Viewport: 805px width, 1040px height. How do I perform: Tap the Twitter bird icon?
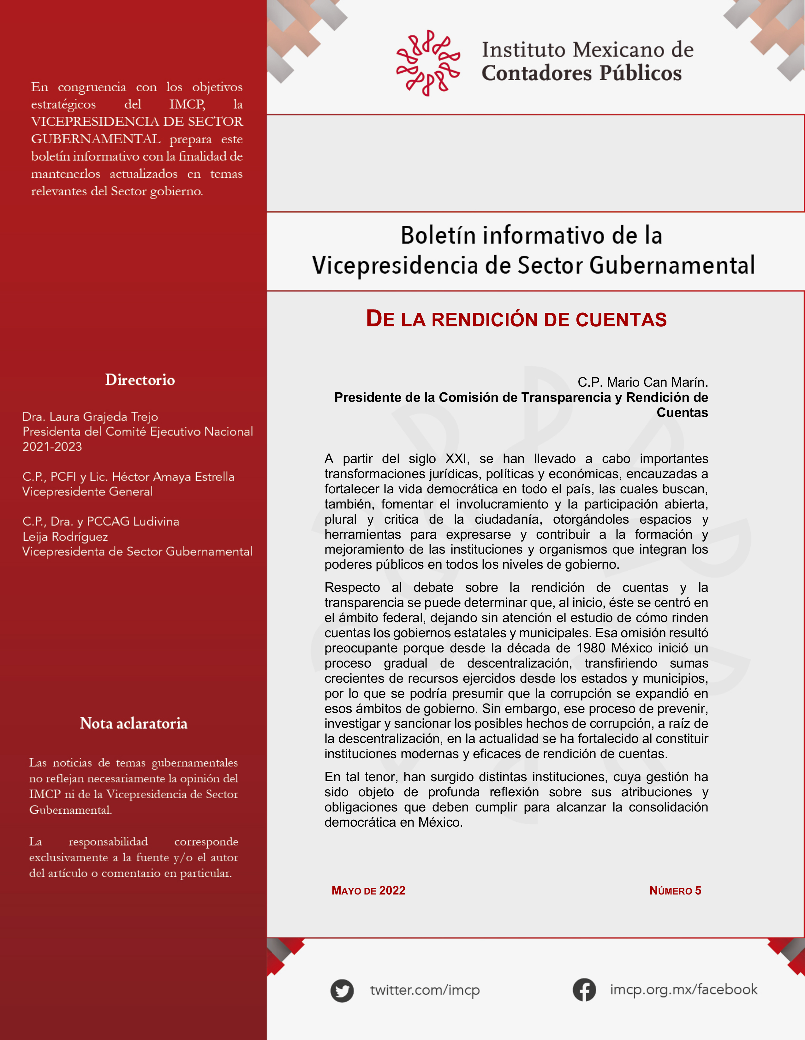342,990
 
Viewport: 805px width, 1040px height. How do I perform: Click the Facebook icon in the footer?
584,989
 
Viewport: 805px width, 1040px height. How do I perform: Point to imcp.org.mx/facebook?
683,989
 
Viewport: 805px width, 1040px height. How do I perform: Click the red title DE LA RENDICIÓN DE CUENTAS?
516,319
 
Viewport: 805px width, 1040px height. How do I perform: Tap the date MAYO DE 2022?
368,890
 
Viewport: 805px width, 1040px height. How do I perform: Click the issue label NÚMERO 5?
675,890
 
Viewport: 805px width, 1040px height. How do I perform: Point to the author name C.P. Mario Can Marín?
642,382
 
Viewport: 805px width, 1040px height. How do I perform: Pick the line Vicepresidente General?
88,491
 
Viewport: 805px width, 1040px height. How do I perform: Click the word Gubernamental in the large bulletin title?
672,265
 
